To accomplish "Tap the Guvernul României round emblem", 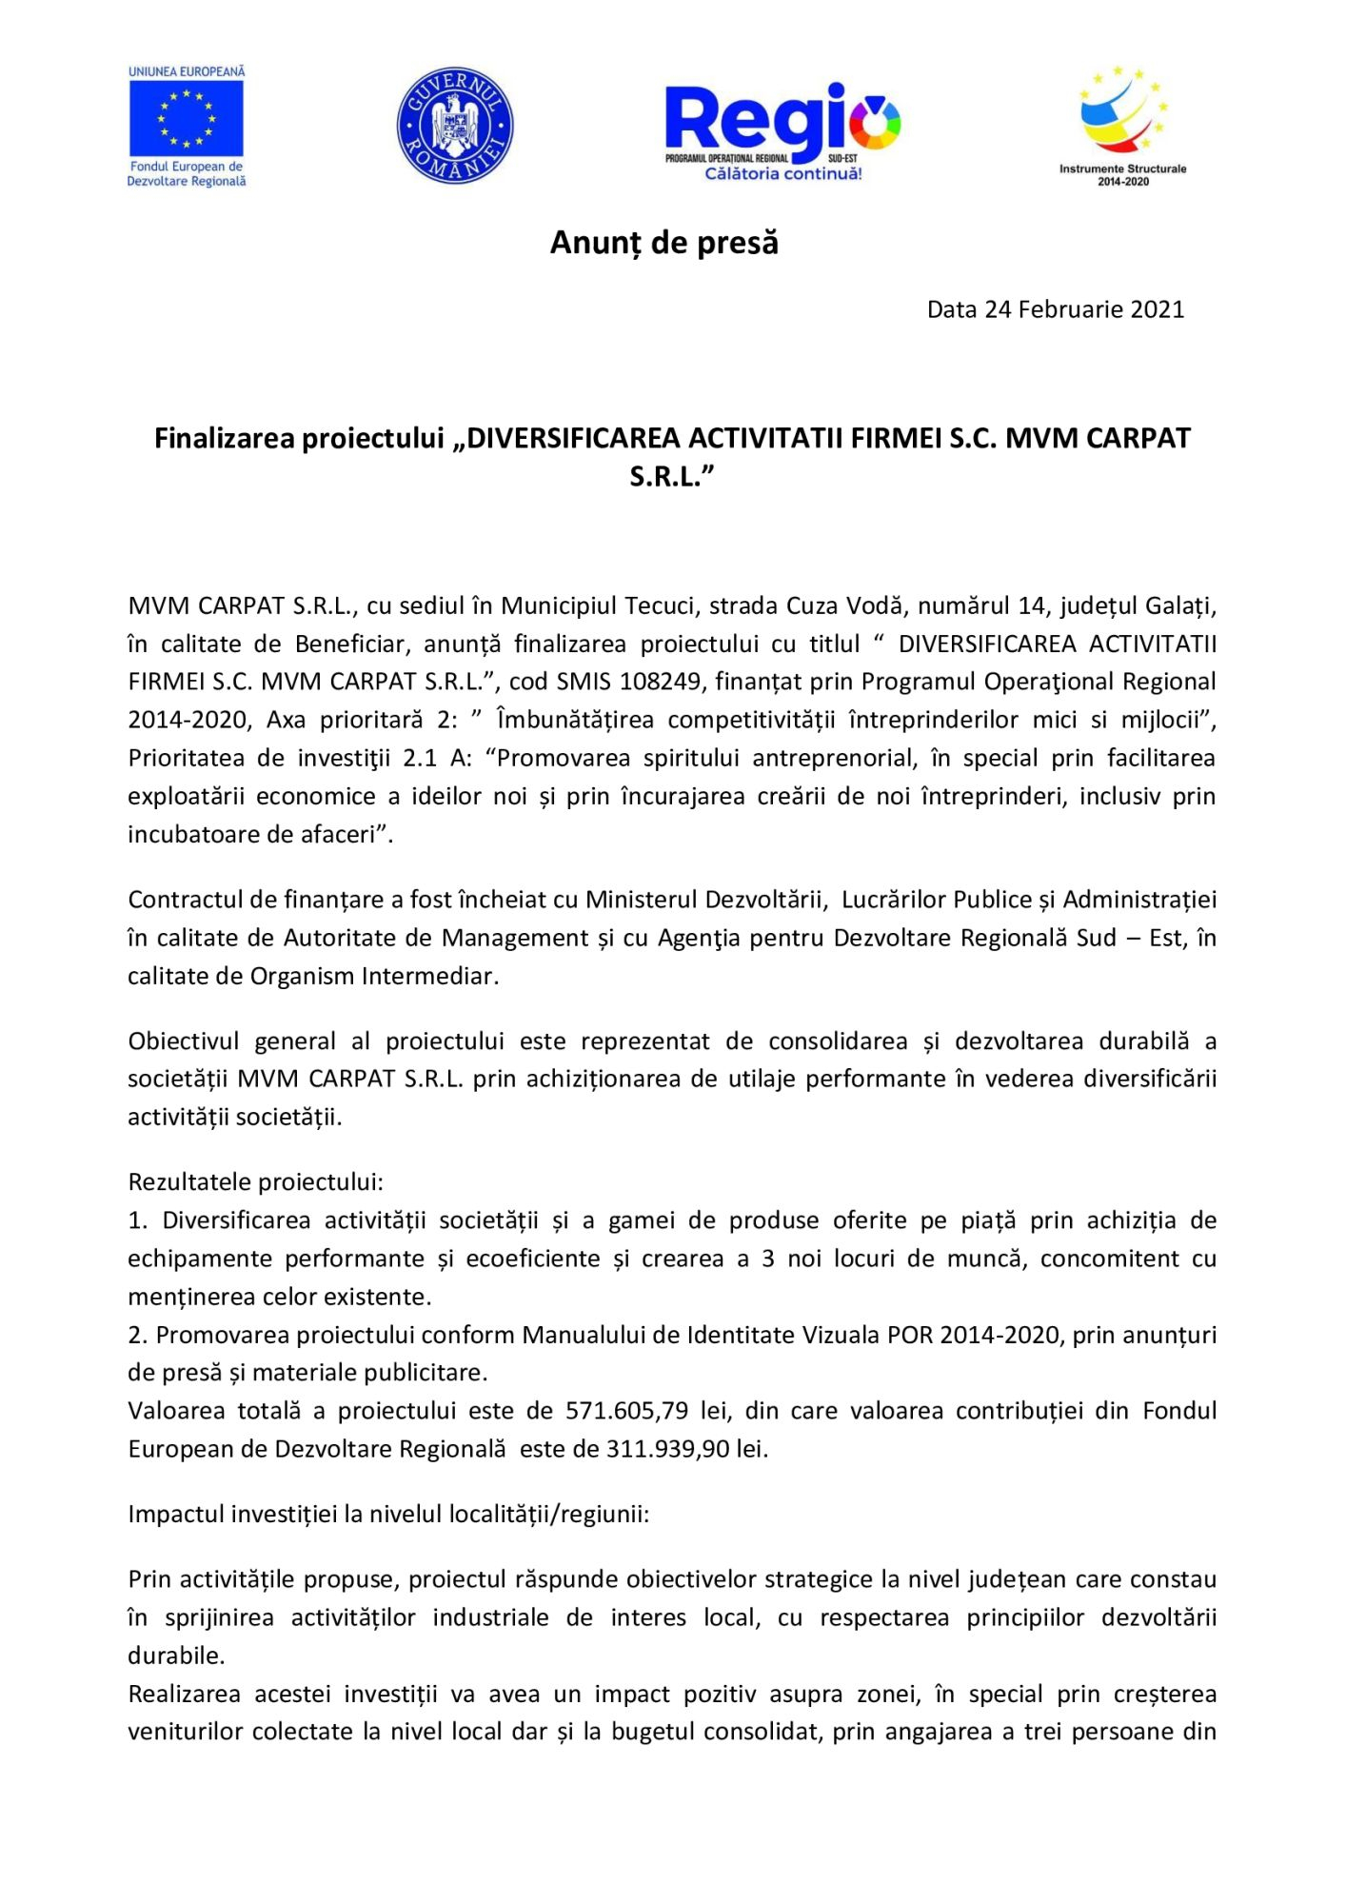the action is pos(455,125).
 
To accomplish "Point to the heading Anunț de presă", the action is pos(664,243).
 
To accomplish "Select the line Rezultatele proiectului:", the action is pos(255,1181).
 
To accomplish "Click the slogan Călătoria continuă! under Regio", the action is pos(782,173).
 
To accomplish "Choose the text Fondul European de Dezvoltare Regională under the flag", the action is pos(187,173).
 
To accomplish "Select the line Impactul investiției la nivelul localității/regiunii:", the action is pos(388,1514).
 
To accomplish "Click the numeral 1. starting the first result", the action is pos(138,1220).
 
